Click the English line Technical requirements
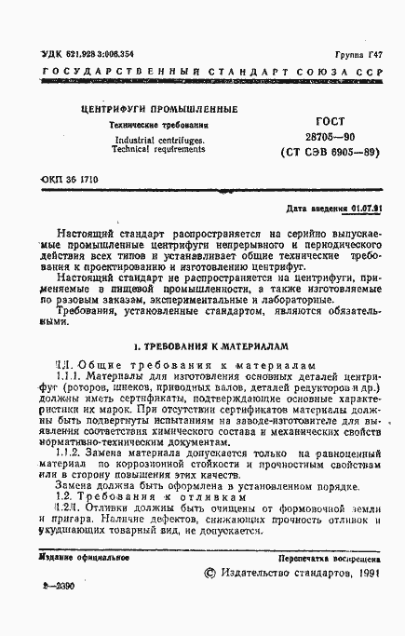147,149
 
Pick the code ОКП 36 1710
70,176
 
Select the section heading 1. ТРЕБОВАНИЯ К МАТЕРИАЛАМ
203,345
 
